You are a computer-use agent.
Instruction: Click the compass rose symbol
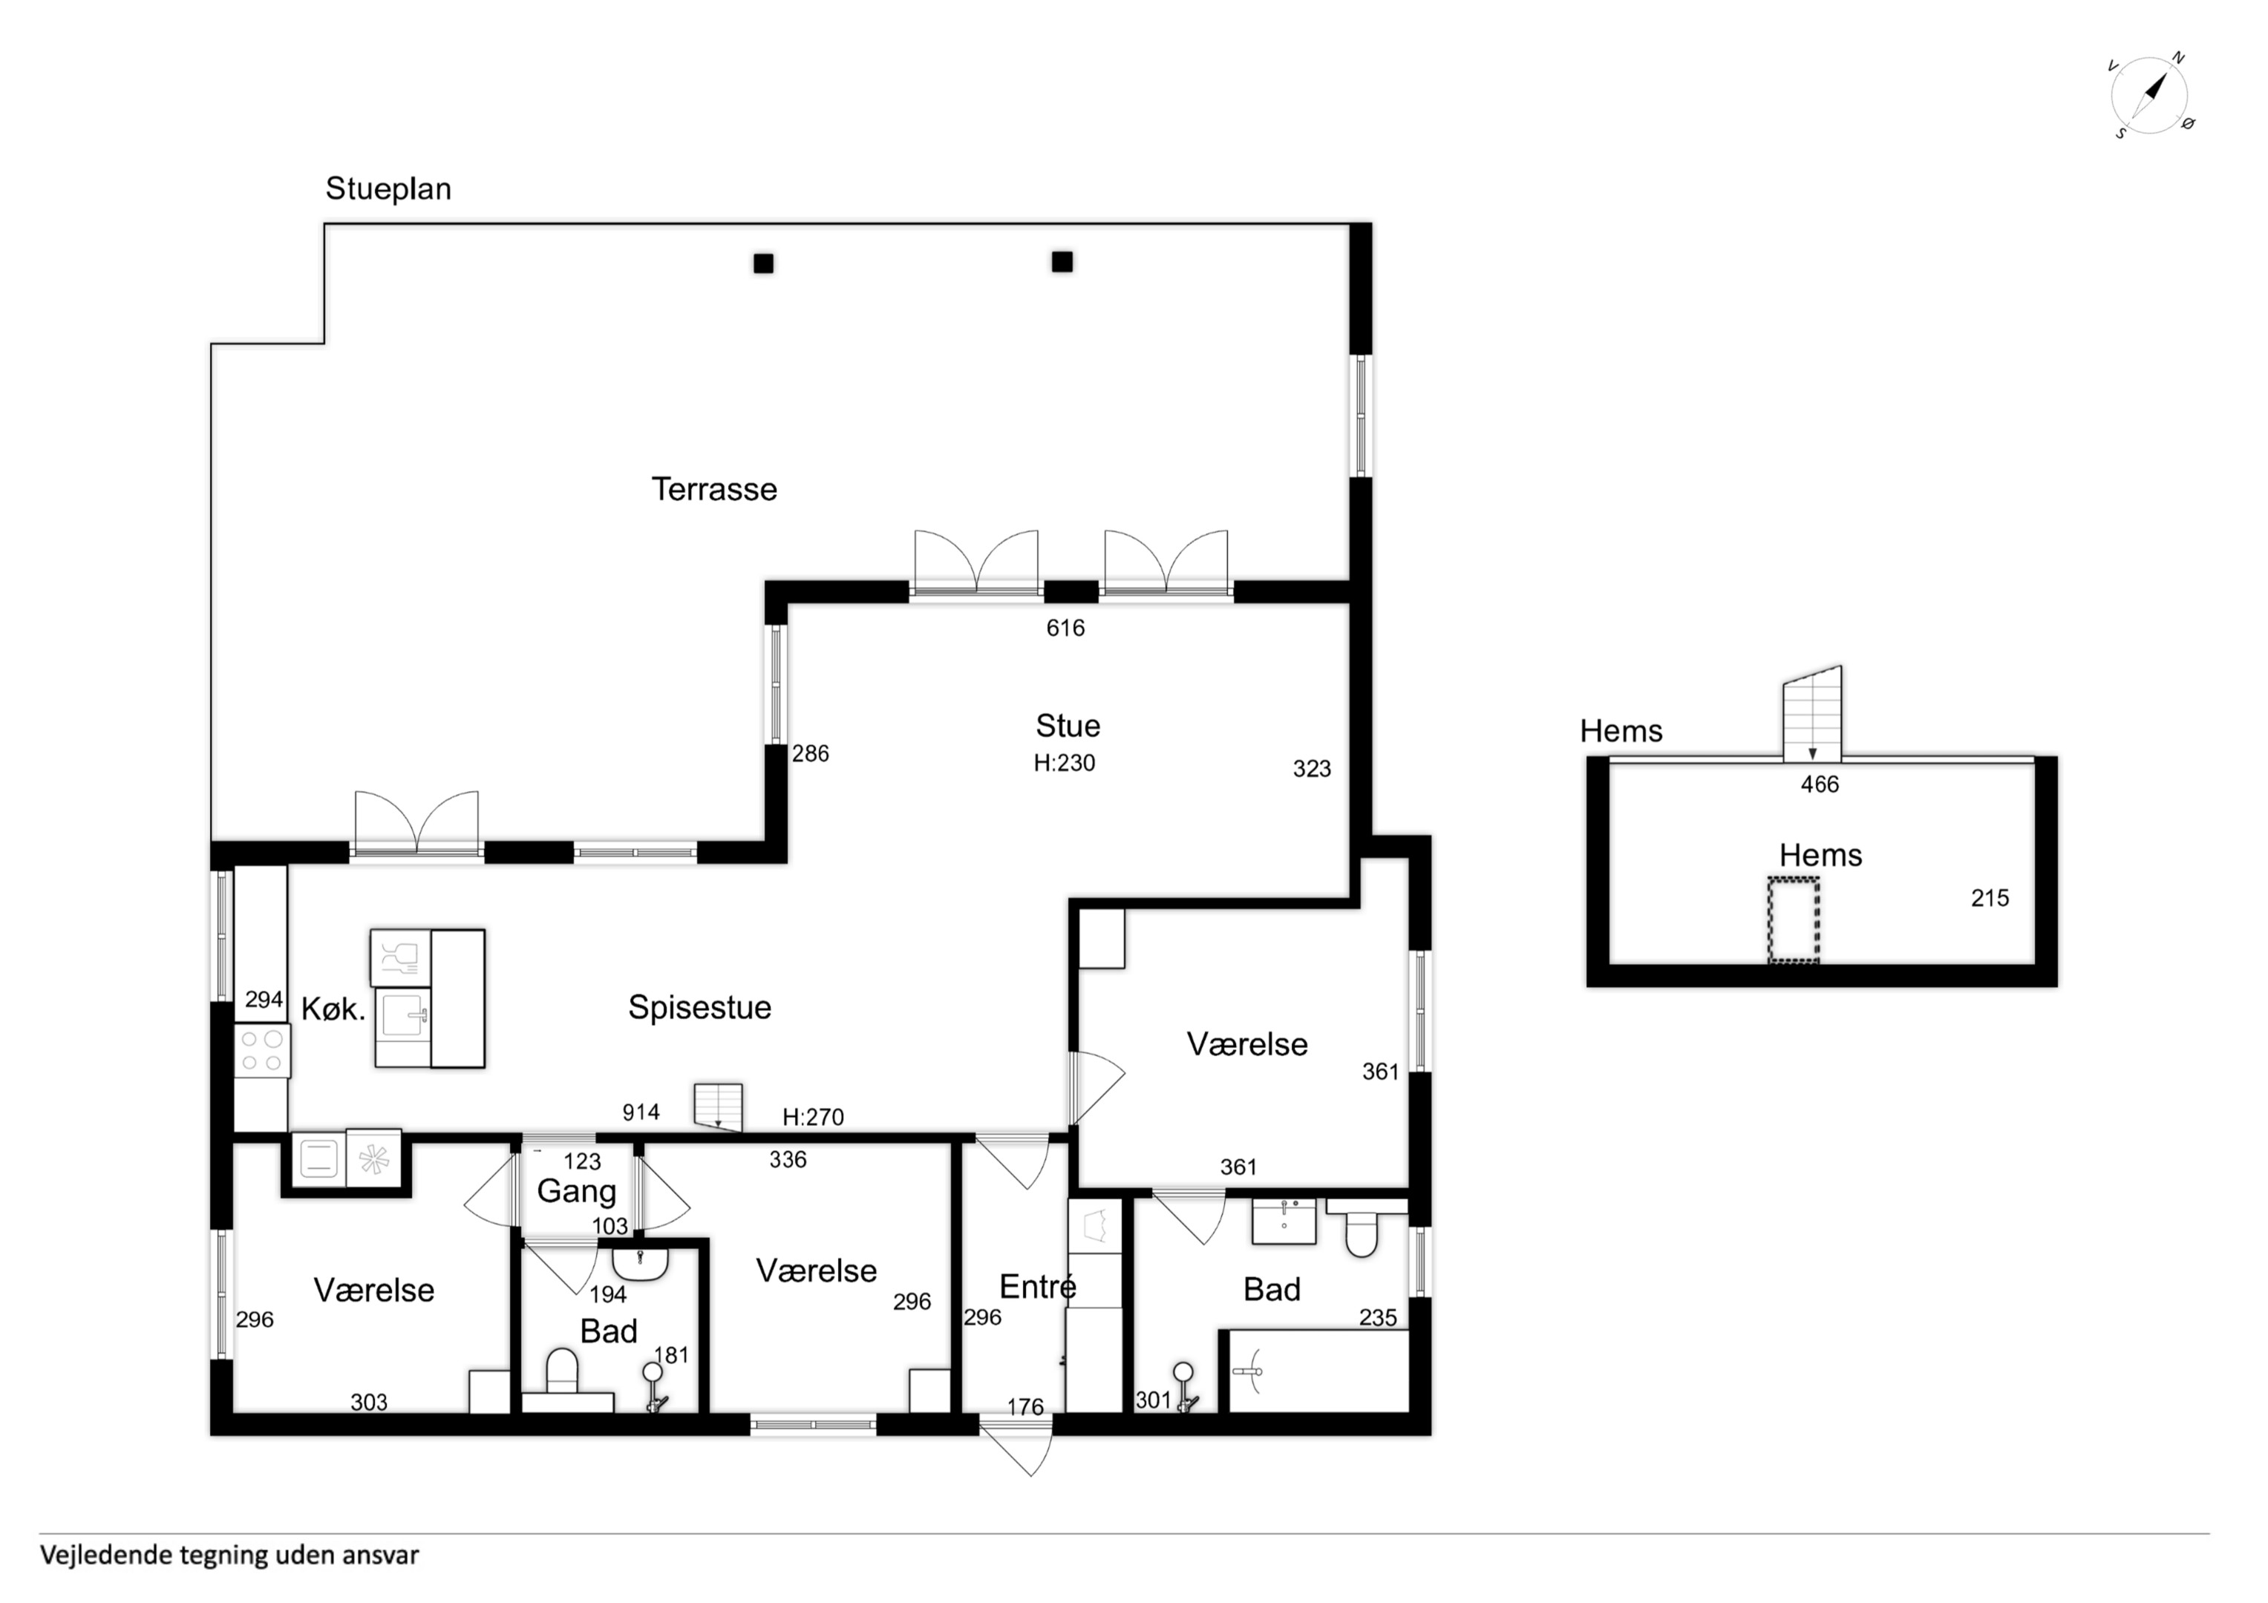click(2151, 96)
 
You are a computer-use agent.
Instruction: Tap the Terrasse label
click(714, 489)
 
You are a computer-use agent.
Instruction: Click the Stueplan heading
click(388, 189)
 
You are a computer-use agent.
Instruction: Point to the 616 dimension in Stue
click(1066, 628)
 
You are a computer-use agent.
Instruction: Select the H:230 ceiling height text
click(1065, 762)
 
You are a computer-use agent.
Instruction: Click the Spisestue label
click(699, 1007)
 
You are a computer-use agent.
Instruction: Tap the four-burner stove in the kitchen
click(263, 1050)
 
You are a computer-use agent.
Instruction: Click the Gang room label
click(577, 1191)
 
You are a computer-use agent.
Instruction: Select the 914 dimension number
click(641, 1112)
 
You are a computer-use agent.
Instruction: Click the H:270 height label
click(813, 1117)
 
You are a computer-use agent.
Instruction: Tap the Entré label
click(1037, 1286)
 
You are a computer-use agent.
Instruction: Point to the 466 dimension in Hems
click(1820, 784)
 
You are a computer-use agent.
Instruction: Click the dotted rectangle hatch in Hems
click(1793, 920)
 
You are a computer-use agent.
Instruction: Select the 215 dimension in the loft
click(1990, 898)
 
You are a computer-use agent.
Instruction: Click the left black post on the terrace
click(764, 263)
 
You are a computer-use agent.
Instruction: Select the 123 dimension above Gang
click(582, 1161)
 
